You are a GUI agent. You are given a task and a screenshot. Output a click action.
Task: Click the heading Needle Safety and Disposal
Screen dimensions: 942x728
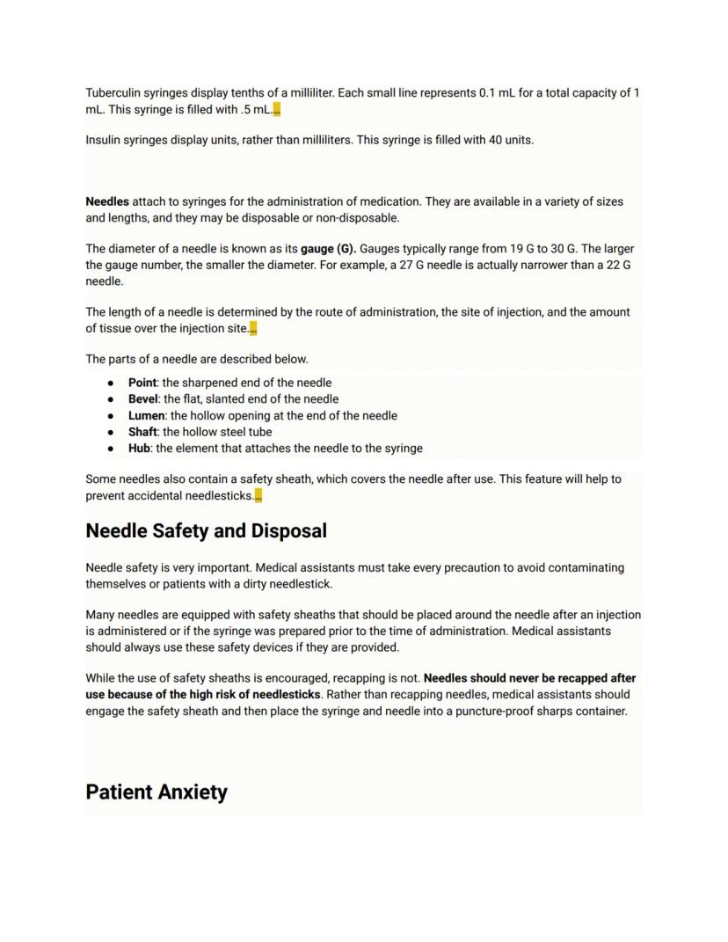pyautogui.click(x=206, y=531)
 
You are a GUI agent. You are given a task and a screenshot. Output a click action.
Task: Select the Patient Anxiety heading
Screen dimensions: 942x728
pyautogui.click(x=157, y=792)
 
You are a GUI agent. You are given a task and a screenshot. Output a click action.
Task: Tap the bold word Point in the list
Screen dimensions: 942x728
pyautogui.click(x=142, y=383)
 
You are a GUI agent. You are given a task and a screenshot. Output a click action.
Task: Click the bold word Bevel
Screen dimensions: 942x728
pyautogui.click(x=142, y=398)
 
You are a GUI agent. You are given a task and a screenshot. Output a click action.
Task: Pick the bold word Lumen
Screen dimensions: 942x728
pyautogui.click(x=146, y=415)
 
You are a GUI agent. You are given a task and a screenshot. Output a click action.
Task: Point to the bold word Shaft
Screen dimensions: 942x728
pyautogui.click(x=142, y=432)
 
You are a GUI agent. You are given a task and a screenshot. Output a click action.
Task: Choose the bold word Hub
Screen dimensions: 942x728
pyautogui.click(x=140, y=448)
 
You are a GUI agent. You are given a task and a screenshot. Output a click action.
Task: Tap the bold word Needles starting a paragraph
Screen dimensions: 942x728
pyautogui.click(x=106, y=201)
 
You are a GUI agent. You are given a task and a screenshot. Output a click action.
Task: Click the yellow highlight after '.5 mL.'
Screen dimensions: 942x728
pyautogui.click(x=277, y=110)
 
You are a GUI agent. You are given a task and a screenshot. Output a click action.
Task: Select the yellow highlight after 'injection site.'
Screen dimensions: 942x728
pyautogui.click(x=253, y=329)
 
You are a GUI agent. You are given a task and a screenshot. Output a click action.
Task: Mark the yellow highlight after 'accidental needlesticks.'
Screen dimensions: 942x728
pyautogui.click(x=258, y=496)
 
